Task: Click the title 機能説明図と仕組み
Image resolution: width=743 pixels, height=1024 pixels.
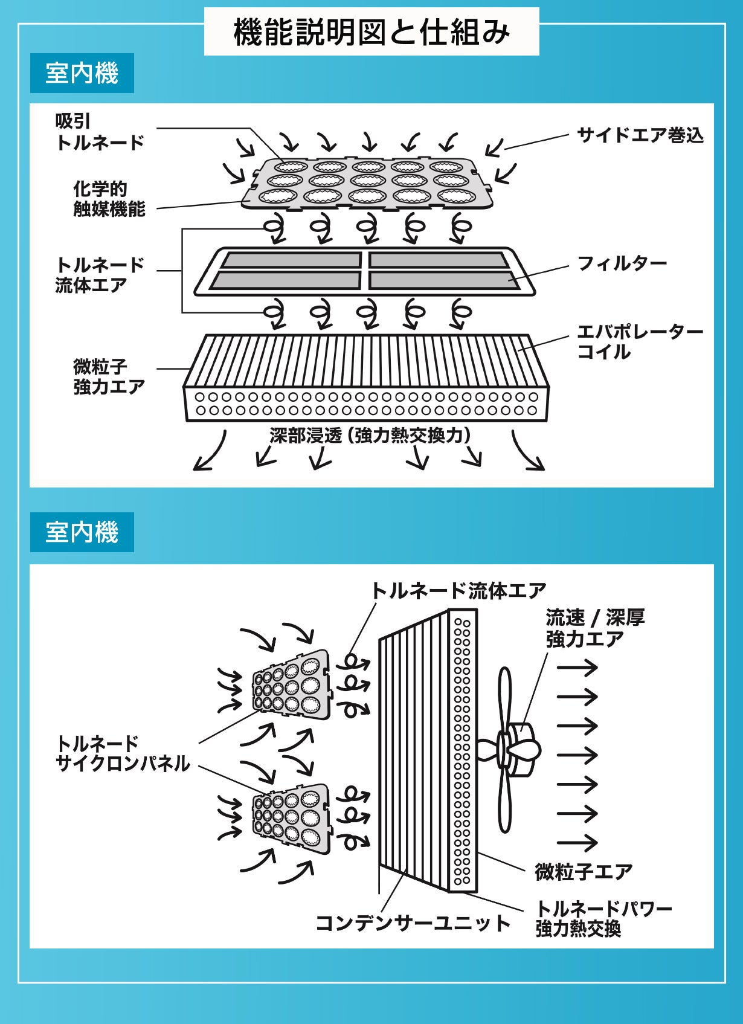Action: tap(371, 32)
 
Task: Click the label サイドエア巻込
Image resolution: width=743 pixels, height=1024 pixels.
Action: tap(640, 135)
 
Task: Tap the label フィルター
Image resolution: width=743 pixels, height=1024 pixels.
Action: tap(622, 263)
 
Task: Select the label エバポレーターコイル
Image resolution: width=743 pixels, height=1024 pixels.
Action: tap(639, 341)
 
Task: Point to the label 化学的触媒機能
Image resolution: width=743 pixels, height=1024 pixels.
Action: tap(109, 199)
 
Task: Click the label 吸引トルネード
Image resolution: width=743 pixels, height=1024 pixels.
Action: tap(100, 132)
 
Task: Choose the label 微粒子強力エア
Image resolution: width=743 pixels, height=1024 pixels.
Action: tap(109, 376)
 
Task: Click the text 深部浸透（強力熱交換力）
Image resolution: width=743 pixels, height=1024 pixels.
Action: tap(370, 435)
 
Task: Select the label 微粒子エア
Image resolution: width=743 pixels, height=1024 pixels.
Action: tap(584, 871)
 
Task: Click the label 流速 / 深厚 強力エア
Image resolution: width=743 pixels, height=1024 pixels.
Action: tap(595, 628)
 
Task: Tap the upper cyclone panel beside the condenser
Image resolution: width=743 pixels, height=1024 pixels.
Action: tap(292, 684)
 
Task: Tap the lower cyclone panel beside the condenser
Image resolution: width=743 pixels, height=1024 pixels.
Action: tap(292, 819)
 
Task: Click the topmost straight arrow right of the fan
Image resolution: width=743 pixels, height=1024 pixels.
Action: tap(577, 668)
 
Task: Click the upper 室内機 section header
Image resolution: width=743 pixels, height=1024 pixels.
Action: tap(82, 73)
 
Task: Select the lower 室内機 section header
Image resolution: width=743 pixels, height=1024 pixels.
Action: tap(82, 532)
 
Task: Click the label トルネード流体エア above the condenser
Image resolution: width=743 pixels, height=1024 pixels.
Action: tap(458, 590)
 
